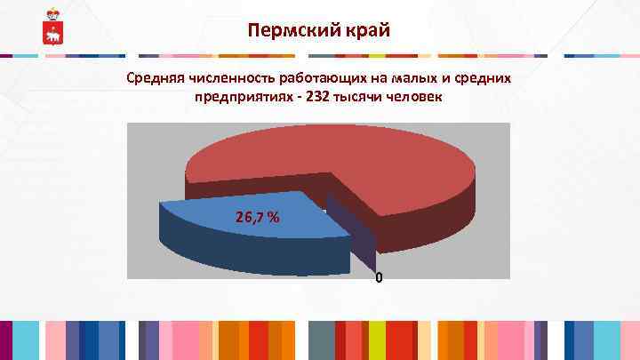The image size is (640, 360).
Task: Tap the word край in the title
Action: click(365, 32)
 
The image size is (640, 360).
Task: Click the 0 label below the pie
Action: click(379, 278)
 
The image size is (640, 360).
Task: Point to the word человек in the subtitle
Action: click(413, 96)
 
